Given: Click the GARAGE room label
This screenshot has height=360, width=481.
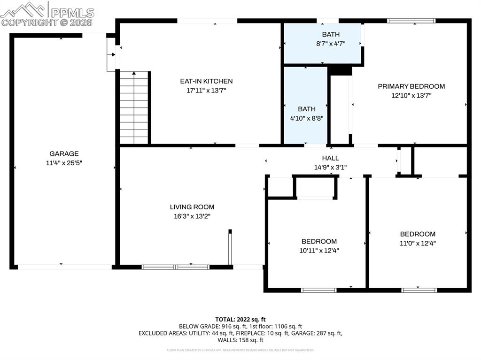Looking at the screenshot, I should pos(64,153).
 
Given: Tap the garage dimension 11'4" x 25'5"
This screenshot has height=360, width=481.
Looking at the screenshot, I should pos(64,162).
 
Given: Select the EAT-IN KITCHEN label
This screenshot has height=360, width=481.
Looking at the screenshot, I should pos(206,81).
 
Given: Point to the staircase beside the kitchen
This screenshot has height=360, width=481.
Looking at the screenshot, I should pos(134,108).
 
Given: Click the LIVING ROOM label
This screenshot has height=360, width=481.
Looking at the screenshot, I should pos(192,207).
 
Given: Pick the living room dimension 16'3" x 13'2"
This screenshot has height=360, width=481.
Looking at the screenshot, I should pos(192,216).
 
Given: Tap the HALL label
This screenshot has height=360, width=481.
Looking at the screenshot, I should pos(330,158).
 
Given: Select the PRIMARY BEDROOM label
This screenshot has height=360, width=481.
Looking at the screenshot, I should pos(411,86).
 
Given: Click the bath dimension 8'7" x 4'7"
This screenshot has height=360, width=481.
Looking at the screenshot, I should pos(330,44).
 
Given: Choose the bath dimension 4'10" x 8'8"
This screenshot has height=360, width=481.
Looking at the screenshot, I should pos(306,118).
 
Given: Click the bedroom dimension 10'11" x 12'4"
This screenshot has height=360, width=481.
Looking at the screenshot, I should pos(319,251).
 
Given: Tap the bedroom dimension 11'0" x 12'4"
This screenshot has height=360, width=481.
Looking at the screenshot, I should pos(417,243).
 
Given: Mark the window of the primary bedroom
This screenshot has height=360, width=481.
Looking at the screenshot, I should pos(411,21).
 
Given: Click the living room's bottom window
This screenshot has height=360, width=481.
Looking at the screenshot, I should pos(175,267).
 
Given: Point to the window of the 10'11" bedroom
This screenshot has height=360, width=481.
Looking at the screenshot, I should pos(318,290).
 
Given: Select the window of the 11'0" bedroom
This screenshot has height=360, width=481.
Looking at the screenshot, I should pos(419,290).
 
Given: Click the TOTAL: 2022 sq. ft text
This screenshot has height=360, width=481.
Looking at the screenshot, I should pos(240,319).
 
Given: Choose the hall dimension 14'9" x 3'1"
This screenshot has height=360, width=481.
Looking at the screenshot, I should pos(330,167).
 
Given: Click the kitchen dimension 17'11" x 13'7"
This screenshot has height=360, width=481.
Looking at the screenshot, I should pos(206,91).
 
